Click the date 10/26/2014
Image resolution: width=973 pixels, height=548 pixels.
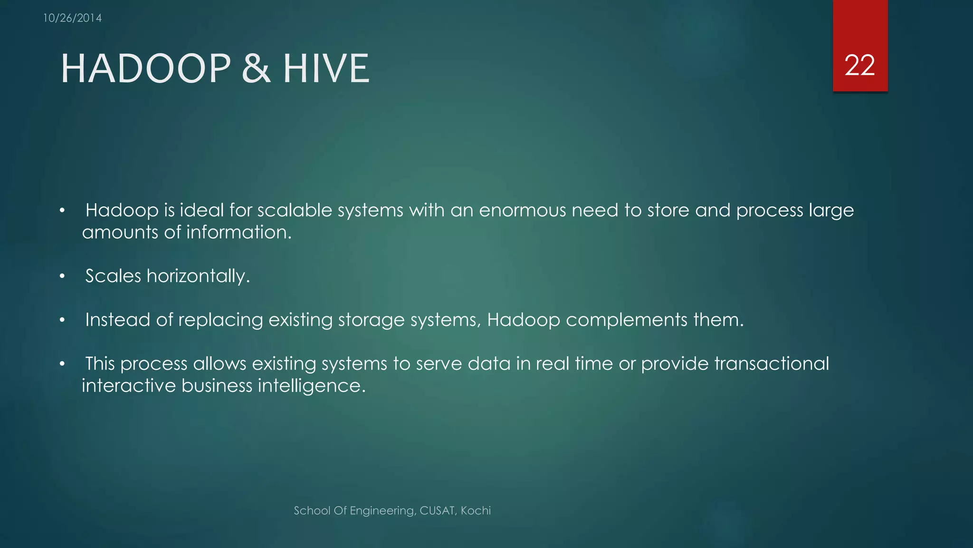(72, 18)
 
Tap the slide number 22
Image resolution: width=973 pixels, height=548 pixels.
(859, 65)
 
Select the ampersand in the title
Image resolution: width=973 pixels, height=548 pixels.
(257, 68)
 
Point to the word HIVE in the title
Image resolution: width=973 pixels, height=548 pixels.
(326, 68)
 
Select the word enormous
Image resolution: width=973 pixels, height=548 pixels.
(522, 210)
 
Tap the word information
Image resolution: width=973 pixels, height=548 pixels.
(238, 233)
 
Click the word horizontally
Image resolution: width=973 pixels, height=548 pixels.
(198, 276)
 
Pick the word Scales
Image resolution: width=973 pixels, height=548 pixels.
(113, 276)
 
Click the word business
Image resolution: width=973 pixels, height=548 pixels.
(217, 386)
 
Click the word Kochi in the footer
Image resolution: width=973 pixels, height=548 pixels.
(476, 511)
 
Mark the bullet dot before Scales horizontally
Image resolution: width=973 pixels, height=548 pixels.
(62, 276)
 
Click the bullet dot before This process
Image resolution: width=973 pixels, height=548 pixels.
(62, 364)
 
